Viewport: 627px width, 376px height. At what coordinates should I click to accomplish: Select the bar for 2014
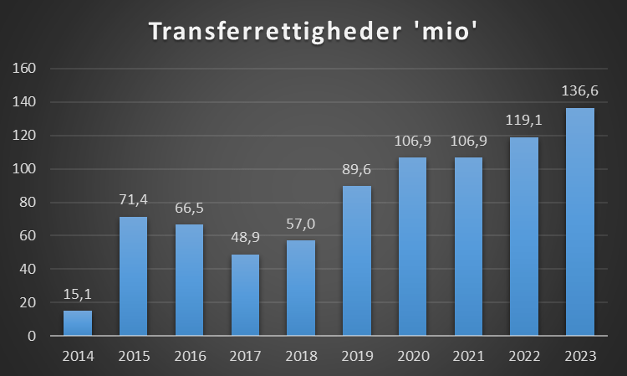point(78,323)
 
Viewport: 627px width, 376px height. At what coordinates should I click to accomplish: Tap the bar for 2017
point(245,295)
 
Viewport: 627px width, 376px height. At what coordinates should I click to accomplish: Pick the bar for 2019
point(357,260)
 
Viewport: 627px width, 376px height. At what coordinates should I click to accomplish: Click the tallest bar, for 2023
point(579,222)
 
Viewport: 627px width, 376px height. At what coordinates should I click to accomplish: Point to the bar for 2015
point(134,276)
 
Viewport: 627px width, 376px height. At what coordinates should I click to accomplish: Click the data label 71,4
point(134,201)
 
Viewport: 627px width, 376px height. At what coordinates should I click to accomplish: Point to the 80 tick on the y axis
point(26,203)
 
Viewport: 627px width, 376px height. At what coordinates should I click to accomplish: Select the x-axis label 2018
point(301,356)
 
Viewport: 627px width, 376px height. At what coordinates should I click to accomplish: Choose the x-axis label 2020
point(412,356)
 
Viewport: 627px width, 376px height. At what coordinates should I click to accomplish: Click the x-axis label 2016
point(190,356)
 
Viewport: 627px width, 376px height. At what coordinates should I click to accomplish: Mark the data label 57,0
point(301,224)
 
